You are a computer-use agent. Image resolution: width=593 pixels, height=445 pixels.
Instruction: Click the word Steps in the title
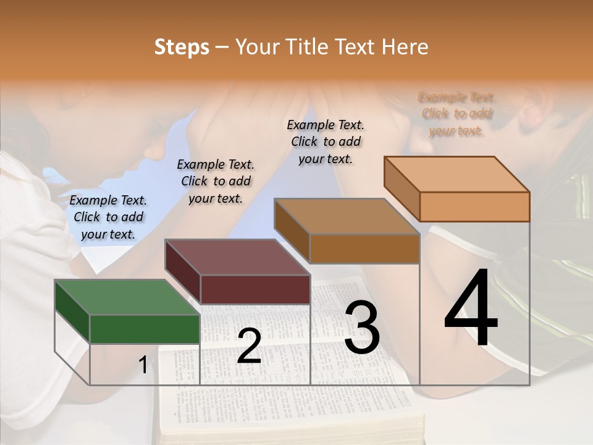182,48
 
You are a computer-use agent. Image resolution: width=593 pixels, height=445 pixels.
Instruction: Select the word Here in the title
406,47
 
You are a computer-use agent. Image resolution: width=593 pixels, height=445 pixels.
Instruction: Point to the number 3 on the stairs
362,328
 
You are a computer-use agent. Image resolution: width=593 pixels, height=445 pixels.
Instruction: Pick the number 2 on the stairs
249,346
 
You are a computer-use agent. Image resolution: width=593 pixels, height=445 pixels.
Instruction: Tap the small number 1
143,365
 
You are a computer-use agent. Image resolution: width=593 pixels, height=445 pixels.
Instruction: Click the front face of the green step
145,329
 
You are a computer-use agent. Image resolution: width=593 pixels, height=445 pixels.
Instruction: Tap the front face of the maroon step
255,289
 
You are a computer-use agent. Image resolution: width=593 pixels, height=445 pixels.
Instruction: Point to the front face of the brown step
364,249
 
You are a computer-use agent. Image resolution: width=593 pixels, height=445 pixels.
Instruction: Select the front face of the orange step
474,206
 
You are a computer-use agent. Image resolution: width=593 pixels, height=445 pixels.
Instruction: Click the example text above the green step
108,217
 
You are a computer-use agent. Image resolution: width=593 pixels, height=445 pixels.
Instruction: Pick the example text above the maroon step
216,181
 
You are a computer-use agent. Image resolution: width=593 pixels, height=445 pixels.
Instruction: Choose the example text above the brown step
326,142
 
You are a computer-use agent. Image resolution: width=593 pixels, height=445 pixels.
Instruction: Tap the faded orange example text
457,114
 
